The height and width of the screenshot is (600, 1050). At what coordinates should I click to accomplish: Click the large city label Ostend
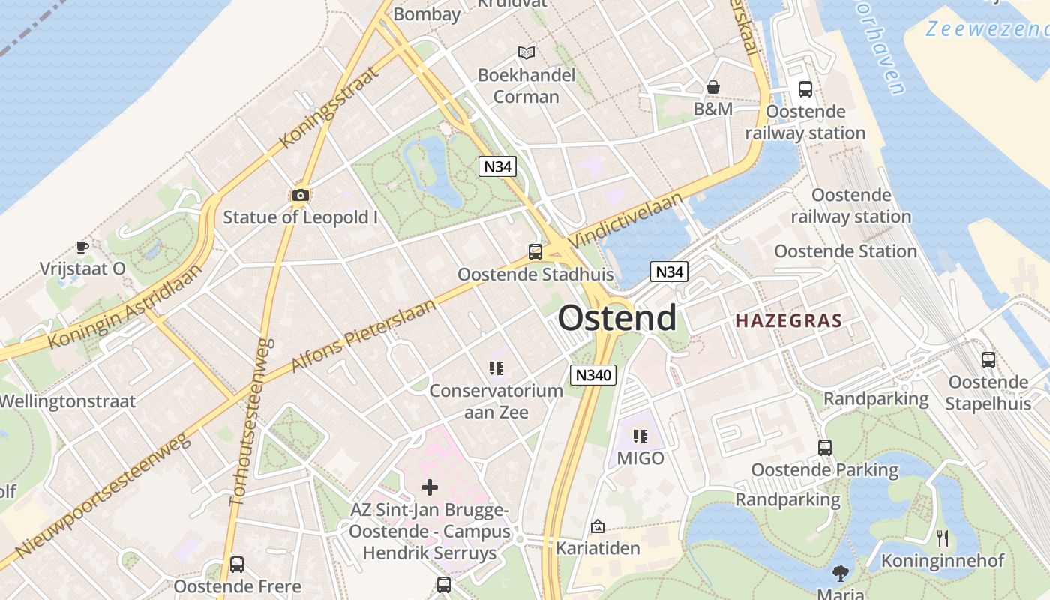616,318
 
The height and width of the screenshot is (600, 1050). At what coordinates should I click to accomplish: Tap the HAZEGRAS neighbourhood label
788,321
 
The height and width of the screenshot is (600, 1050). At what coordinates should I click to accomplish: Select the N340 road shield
592,375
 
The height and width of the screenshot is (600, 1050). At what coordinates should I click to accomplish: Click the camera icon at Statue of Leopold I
301,196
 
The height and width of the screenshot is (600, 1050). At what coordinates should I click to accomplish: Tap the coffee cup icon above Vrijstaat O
82,247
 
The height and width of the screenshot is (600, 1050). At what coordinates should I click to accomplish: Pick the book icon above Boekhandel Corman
526,52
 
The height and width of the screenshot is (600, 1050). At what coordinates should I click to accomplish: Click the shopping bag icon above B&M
712,88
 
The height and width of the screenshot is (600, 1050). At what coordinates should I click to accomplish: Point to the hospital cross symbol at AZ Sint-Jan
430,488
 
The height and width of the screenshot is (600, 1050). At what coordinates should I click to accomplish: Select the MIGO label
640,457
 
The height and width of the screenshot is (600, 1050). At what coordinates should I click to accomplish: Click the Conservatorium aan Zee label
496,401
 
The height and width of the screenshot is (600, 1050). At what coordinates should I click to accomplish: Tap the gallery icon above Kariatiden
598,526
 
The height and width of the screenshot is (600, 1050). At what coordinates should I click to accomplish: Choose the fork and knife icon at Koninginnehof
943,538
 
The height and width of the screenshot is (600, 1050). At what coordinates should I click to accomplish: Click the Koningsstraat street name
327,107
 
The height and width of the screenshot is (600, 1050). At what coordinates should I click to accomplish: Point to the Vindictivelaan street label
626,220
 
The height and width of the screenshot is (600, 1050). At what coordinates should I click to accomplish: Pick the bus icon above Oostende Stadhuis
535,252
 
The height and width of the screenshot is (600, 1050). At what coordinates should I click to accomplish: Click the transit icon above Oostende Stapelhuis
988,360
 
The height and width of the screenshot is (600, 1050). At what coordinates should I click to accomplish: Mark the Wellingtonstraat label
67,400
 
